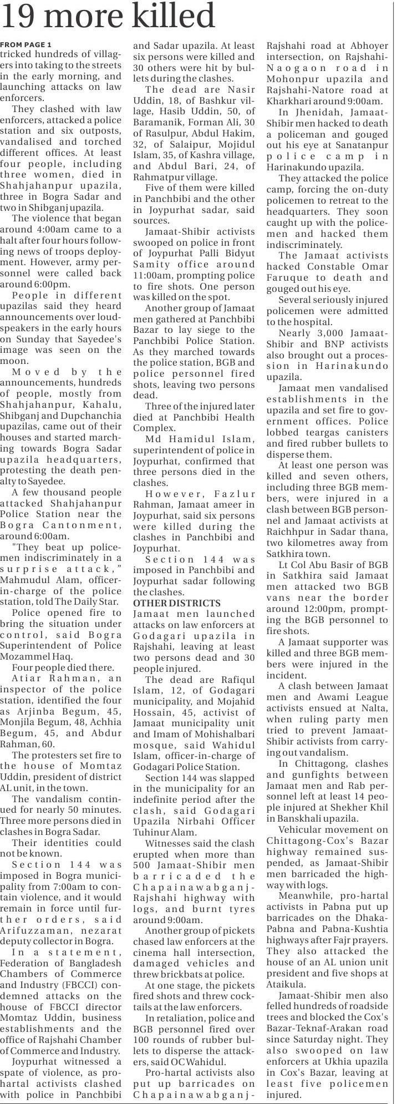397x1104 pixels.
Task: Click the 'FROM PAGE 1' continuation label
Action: pyautogui.click(x=26, y=44)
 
